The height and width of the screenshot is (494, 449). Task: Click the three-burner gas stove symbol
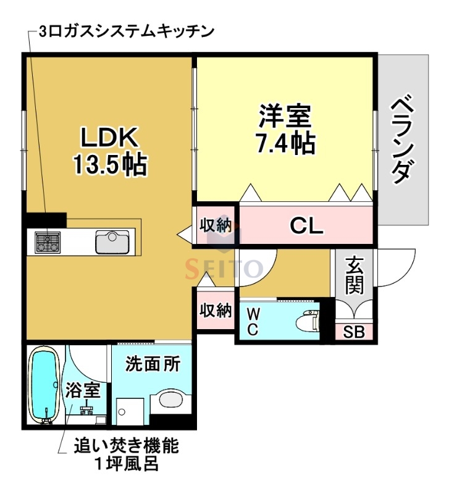[x=48, y=242]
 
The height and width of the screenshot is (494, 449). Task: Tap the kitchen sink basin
[x=112, y=241]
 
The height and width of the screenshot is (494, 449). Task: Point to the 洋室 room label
[x=285, y=116]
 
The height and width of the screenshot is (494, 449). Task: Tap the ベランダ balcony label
[x=402, y=138]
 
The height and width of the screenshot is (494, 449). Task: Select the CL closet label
[x=306, y=227]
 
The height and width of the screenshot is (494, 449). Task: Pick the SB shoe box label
[x=354, y=332]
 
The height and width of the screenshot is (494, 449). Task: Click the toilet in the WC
[x=306, y=321]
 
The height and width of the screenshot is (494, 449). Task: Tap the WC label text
[x=253, y=322]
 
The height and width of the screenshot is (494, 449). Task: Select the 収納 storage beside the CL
[x=215, y=225]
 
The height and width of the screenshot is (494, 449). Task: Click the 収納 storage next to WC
[x=215, y=309]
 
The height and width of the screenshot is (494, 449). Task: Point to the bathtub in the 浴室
[x=44, y=386]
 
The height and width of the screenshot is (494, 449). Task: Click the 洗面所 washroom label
[x=153, y=364]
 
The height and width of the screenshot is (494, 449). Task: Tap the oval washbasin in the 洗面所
[x=170, y=400]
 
